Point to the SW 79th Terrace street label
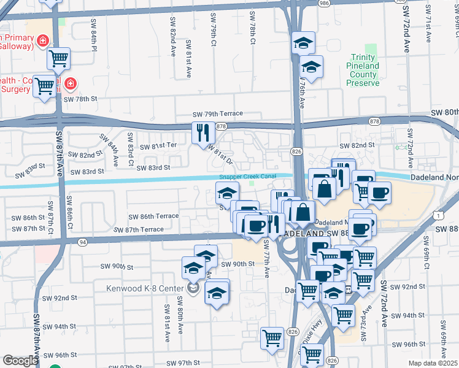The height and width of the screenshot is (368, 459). pos(217,114)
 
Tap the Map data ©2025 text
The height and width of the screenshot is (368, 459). pos(433,363)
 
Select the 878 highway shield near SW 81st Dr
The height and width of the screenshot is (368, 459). pos(222,126)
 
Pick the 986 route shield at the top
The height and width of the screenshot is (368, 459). pos(324,3)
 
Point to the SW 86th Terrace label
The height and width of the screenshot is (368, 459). pos(153,217)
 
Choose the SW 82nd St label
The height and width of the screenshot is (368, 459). pos(357,145)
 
